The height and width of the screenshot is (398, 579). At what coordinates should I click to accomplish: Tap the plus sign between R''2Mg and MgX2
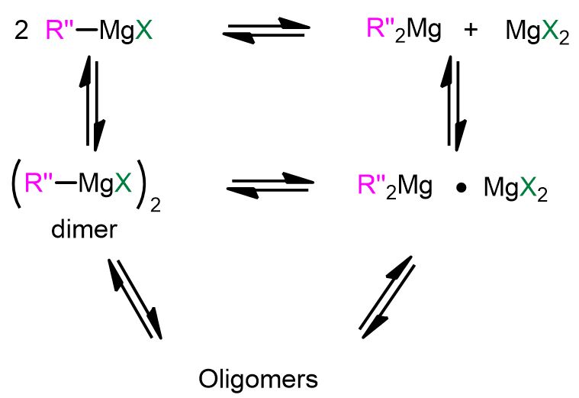click(470, 34)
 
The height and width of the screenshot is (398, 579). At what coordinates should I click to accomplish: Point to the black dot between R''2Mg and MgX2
click(461, 186)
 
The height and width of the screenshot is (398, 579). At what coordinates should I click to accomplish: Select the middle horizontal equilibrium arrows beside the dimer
click(272, 184)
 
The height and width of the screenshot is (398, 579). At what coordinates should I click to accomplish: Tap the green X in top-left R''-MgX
click(143, 33)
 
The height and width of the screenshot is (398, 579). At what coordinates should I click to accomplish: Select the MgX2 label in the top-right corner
click(537, 34)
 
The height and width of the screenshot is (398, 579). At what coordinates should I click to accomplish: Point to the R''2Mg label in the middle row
click(394, 186)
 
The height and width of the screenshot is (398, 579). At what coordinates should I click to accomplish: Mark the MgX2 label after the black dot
click(515, 188)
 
